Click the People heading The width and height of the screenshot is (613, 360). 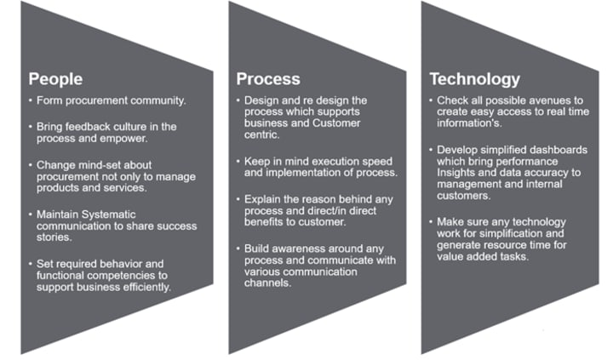click(55, 79)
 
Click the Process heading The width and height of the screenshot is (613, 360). click(268, 79)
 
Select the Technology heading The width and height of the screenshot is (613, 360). click(474, 79)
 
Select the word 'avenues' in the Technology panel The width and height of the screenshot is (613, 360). click(545, 101)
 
